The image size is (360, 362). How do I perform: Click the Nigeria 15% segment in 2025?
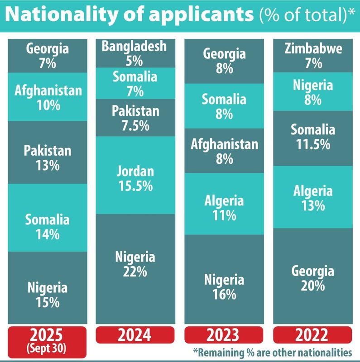[47, 294]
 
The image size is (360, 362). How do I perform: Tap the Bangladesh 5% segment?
[135, 53]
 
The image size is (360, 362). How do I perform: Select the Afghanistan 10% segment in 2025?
[47, 97]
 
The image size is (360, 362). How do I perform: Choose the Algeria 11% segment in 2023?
[224, 207]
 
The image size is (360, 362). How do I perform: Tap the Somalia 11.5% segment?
[313, 137]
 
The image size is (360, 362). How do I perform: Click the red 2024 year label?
[135, 335]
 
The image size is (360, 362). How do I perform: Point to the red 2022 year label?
[313, 335]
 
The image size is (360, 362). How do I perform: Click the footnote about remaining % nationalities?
[272, 352]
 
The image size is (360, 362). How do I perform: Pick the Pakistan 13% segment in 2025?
[47, 158]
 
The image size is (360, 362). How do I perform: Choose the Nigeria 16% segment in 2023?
[224, 286]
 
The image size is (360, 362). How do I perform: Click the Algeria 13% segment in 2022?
[313, 198]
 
